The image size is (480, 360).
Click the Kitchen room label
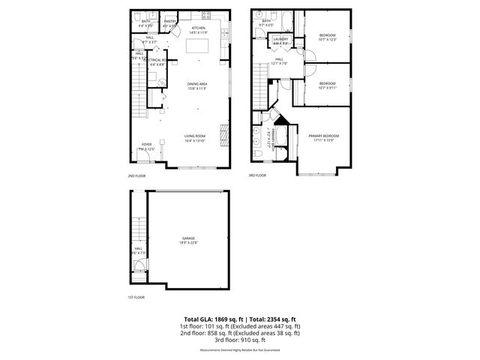198,28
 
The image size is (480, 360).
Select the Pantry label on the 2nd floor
170,22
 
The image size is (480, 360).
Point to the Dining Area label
198,83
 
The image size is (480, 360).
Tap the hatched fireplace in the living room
222,136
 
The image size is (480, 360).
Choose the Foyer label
146,144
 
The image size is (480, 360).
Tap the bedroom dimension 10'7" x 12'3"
328,39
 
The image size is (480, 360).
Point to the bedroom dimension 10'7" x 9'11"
327,87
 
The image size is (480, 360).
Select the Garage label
188,238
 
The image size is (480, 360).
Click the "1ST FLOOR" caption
136,297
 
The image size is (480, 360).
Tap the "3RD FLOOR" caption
257,175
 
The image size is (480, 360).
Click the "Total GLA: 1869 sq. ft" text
209,319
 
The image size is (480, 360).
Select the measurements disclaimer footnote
240,350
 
